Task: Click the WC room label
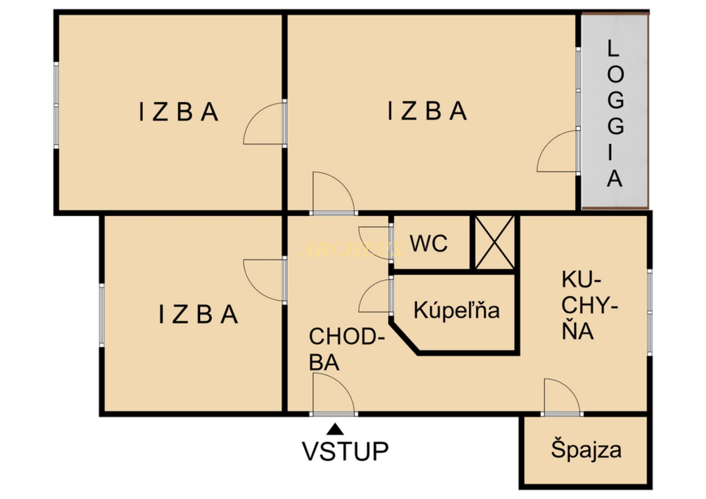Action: click(x=428, y=244)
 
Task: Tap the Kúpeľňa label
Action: click(x=456, y=311)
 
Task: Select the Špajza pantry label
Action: click(x=586, y=450)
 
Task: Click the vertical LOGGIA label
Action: click(x=615, y=113)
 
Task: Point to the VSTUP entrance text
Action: click(x=345, y=451)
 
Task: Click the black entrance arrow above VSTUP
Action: click(x=335, y=429)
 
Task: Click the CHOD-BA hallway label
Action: click(x=346, y=349)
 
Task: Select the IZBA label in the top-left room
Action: click(x=179, y=113)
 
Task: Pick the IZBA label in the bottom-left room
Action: click(x=198, y=315)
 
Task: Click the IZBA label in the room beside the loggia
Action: click(x=427, y=112)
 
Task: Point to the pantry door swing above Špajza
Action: click(x=561, y=396)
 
